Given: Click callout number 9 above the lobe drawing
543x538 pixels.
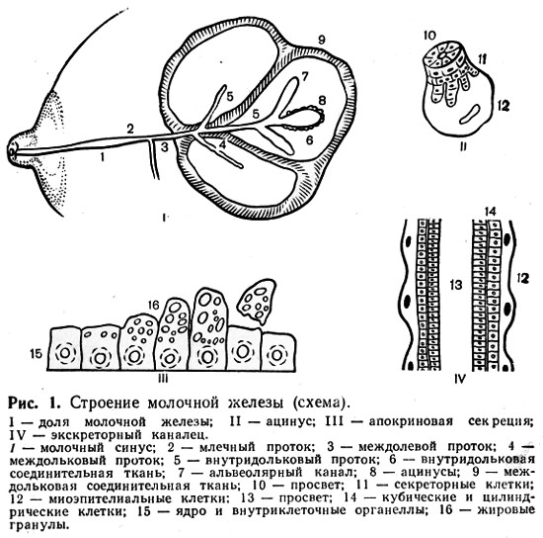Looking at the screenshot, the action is click(322, 40).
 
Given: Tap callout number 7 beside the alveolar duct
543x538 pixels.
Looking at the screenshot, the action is click(304, 76).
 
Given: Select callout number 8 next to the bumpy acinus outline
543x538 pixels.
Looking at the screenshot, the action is click(323, 101).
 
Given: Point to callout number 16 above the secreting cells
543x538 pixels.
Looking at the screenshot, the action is click(153, 305).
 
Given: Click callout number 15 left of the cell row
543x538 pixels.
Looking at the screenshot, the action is click(36, 354).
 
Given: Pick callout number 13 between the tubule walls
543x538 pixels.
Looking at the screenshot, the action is click(457, 285).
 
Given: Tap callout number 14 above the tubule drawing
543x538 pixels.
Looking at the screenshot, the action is click(491, 212).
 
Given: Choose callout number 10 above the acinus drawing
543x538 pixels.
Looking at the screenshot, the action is click(429, 36).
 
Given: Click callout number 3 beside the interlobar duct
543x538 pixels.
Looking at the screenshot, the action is click(164, 147).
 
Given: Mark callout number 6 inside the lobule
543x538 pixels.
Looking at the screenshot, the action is click(309, 139).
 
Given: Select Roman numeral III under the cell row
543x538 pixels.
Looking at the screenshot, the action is click(163, 379).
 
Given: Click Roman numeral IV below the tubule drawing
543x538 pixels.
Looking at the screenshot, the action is click(460, 379).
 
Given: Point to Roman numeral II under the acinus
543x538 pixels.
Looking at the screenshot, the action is click(463, 146).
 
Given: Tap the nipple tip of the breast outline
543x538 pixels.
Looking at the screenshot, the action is click(12, 152).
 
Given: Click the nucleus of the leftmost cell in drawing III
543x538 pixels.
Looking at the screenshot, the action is click(65, 353).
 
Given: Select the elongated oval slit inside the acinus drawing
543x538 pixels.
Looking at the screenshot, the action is click(470, 114).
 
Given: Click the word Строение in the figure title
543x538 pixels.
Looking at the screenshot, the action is click(106, 403).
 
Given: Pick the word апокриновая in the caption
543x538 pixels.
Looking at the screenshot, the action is click(411, 421).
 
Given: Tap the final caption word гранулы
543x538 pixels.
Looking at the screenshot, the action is click(38, 524).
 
